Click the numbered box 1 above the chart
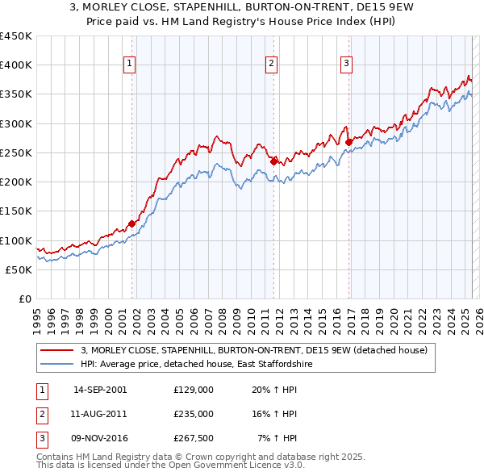tap(130, 65)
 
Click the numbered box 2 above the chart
tap(272, 65)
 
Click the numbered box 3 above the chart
tap(346, 65)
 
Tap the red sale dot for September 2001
tap(131, 223)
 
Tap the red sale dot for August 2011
tap(273, 161)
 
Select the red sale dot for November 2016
tap(349, 142)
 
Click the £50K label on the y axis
tap(19, 270)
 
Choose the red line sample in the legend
tap(56, 350)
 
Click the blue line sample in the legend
tap(56, 365)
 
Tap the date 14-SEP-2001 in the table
tap(100, 390)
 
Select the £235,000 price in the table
tap(194, 414)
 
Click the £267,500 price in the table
tap(194, 438)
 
